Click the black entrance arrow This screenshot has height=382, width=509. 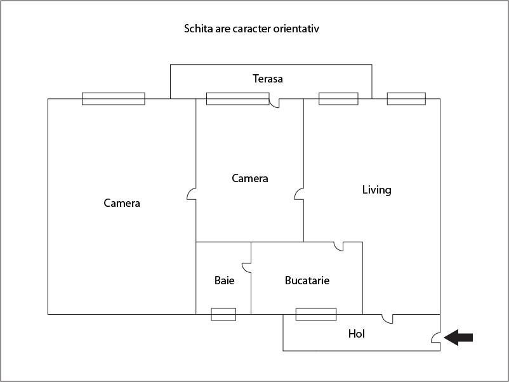tap(458, 338)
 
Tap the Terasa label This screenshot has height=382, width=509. tap(268, 79)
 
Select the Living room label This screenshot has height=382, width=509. tap(376, 190)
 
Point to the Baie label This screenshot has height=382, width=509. tap(224, 280)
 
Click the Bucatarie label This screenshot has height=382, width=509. tap(307, 280)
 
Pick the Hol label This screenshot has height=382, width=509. tap(357, 334)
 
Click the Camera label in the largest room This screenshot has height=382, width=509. tap(122, 203)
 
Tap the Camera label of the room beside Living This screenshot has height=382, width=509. tap(250, 178)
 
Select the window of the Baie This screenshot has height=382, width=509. tap(223, 314)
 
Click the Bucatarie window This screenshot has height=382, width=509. tap(316, 314)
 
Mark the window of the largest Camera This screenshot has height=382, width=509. tap(114, 98)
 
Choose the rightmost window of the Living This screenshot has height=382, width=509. tap(406, 98)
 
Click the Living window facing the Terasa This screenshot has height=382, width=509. tap(338, 98)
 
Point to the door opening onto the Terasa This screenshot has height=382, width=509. tap(274, 103)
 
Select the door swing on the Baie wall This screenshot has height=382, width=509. tap(246, 268)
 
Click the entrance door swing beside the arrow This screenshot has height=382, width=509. tap(435, 338)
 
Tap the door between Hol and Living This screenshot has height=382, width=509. tap(387, 319)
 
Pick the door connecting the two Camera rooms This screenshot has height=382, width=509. tap(192, 194)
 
